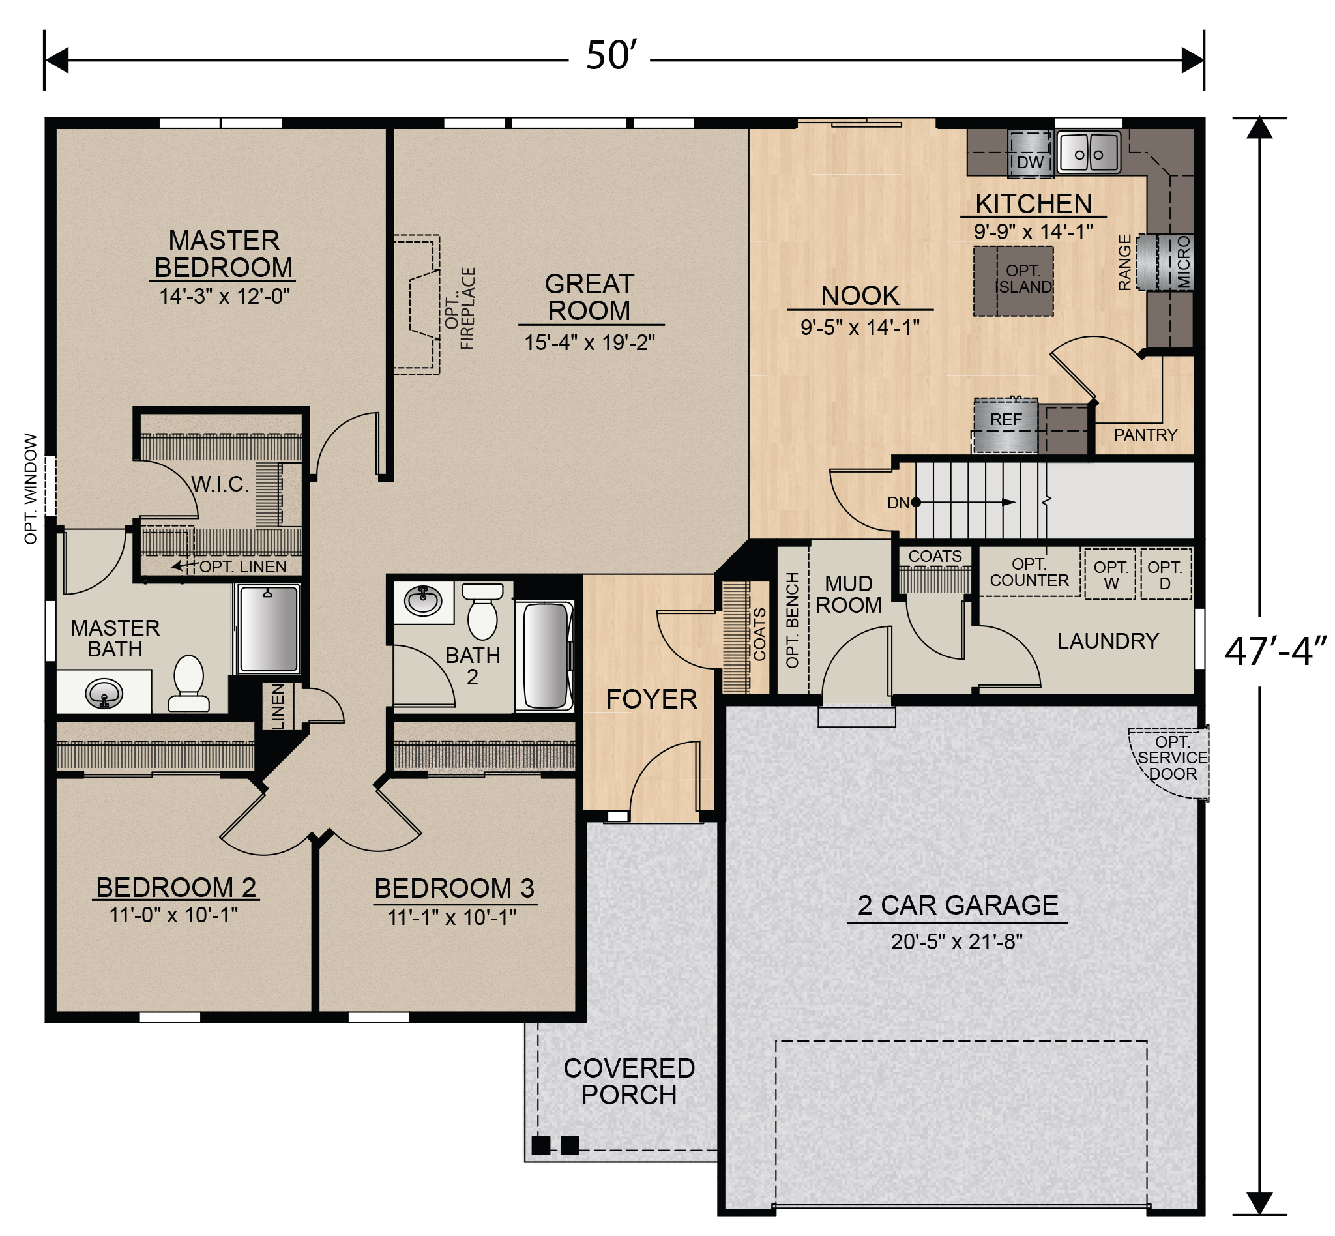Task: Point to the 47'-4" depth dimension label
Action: pos(1275,651)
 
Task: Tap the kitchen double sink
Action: pos(1088,154)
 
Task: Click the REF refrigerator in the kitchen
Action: pos(1005,426)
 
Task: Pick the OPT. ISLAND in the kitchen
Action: pos(1012,280)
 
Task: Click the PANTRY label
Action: pos(1145,435)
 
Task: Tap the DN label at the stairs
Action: pos(898,503)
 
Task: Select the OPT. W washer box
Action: pos(1109,574)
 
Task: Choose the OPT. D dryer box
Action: pos(1164,574)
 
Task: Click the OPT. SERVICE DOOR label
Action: pos(1172,758)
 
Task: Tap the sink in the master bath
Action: pos(104,693)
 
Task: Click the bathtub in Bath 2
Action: pos(546,655)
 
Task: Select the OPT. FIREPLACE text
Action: pos(460,308)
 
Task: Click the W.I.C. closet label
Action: pos(220,484)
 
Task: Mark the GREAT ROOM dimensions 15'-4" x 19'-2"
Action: pos(589,342)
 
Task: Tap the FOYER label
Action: pos(651,699)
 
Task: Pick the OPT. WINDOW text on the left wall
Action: pos(30,488)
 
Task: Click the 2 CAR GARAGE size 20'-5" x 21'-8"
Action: pos(956,942)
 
